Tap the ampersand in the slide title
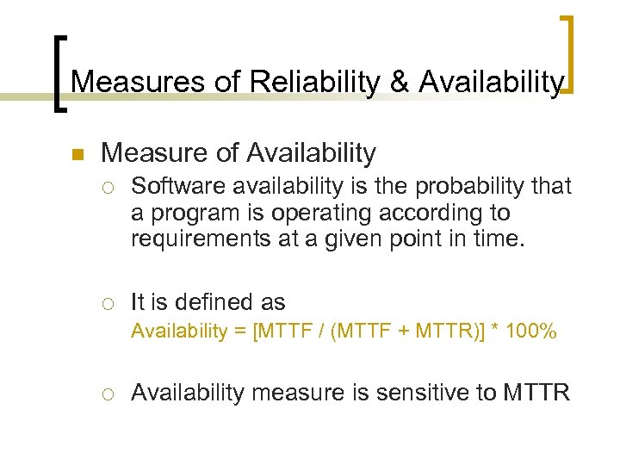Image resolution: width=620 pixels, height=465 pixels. point(399,82)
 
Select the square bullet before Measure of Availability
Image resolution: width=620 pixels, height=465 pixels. point(76,156)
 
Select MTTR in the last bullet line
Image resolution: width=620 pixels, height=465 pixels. point(535,394)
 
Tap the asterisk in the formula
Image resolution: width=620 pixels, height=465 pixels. point(494,331)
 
